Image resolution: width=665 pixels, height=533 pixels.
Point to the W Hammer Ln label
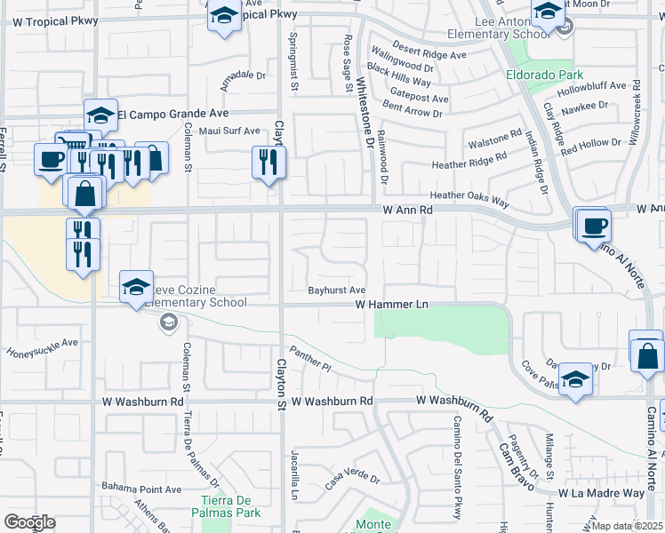pos(391,305)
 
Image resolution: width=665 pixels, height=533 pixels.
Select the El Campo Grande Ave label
pos(173,114)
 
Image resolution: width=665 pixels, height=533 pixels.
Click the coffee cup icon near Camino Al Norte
pos(594,224)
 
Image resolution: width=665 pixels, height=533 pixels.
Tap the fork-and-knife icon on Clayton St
pos(268,162)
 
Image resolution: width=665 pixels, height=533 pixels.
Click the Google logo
pos(29,522)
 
